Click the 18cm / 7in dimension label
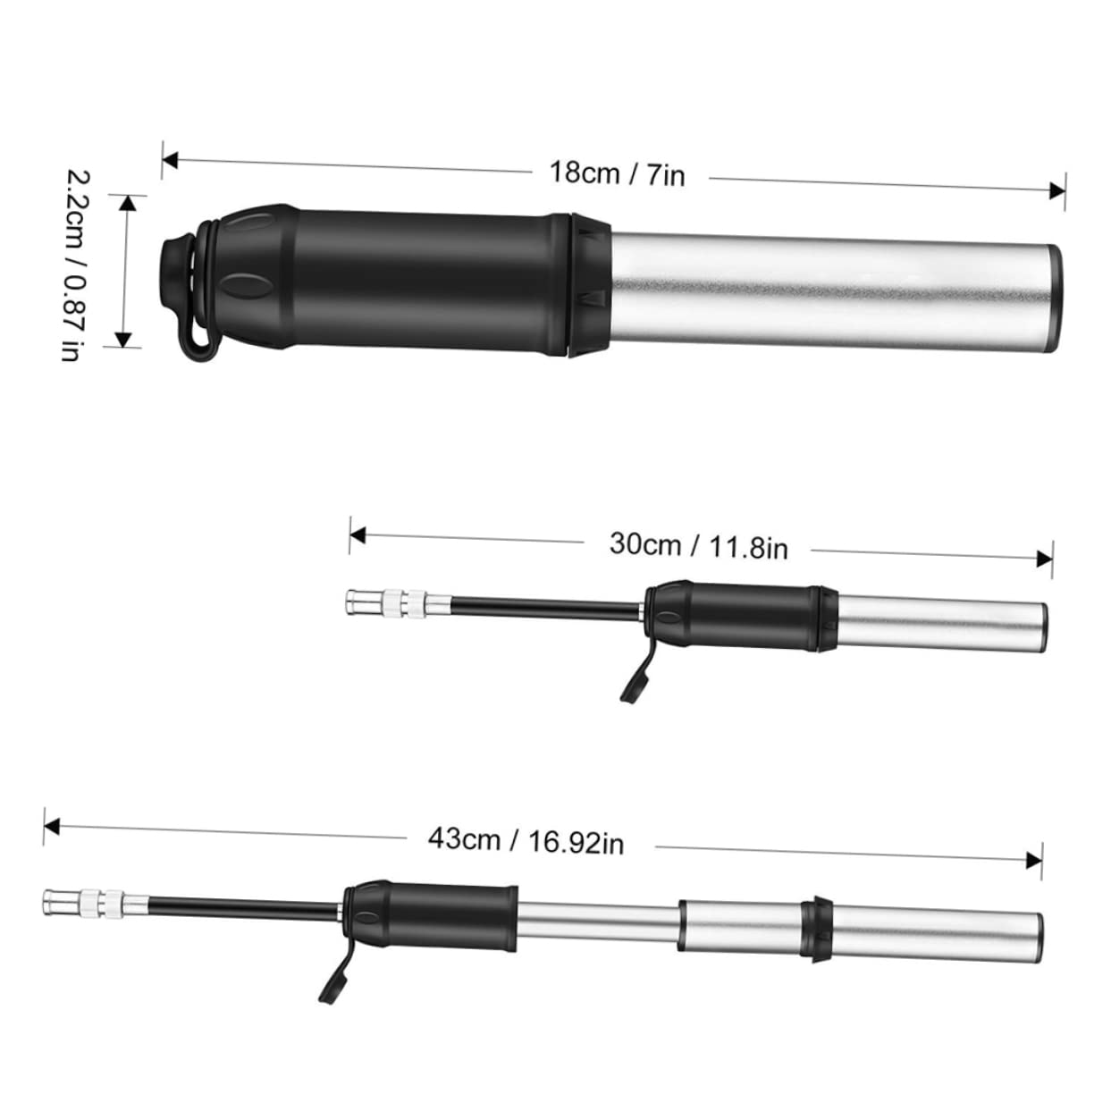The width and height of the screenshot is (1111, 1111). pos(617,173)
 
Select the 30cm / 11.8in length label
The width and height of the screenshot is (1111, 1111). pos(698,544)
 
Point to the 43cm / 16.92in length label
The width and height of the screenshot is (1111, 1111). pos(526,840)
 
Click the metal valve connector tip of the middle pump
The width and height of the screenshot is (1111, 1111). pos(358,602)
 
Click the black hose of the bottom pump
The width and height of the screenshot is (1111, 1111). pos(241,908)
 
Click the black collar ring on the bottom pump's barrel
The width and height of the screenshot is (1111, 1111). pos(816,930)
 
